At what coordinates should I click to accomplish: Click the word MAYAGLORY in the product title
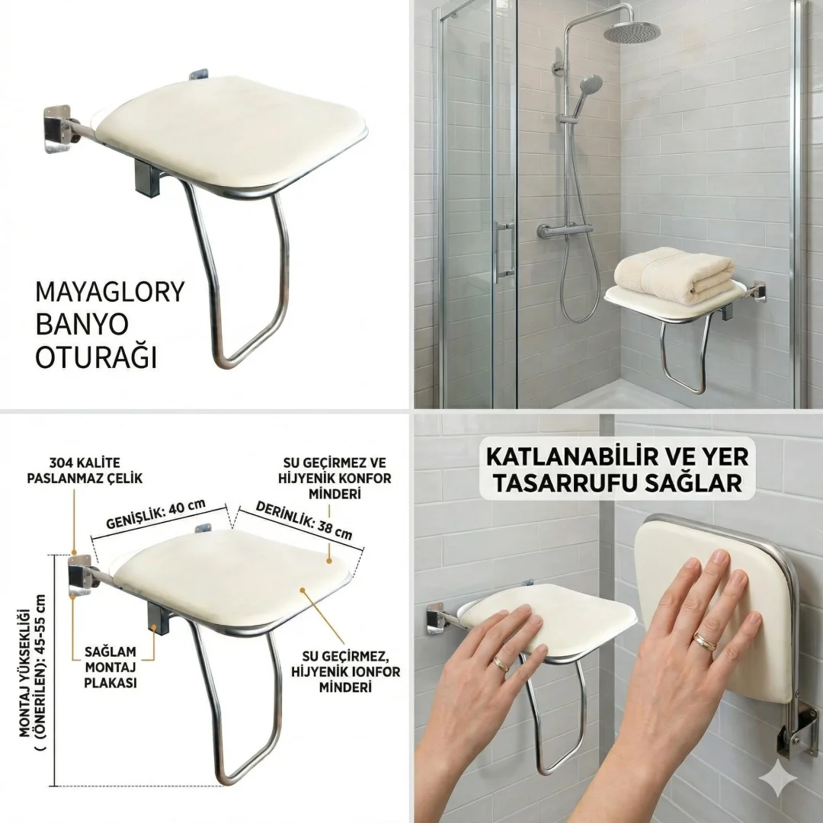pos(110,292)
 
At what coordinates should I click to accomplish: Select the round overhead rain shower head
pos(630,32)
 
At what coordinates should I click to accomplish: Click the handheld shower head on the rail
pos(589,87)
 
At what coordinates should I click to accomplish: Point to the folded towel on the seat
pos(674,277)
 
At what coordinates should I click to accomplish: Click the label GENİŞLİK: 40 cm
pos(156,514)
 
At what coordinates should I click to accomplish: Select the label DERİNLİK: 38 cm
pos(304,520)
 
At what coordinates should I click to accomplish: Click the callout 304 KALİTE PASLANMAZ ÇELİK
pos(85,470)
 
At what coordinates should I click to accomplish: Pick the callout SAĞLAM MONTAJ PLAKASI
pos(110,667)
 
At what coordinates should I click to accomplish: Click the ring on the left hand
pos(501,664)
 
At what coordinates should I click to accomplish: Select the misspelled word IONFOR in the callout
pos(373,671)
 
